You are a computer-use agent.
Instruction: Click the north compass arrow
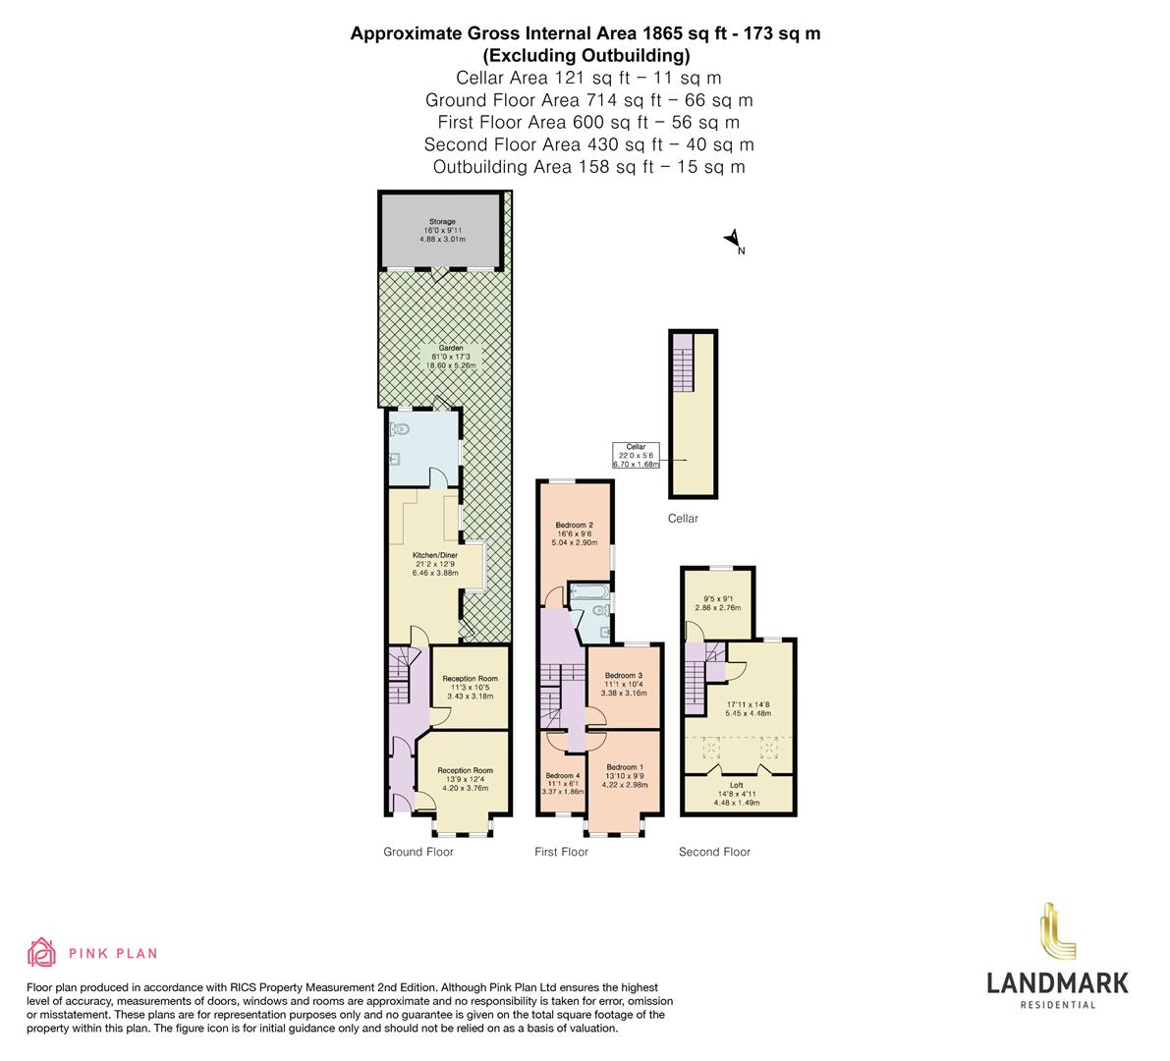(732, 239)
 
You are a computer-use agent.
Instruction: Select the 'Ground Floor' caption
(418, 852)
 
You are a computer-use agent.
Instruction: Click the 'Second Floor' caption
(714, 852)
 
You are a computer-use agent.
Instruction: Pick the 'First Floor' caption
(561, 852)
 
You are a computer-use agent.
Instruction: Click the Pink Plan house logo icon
(41, 952)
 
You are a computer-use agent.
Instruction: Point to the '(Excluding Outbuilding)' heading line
(585, 55)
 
